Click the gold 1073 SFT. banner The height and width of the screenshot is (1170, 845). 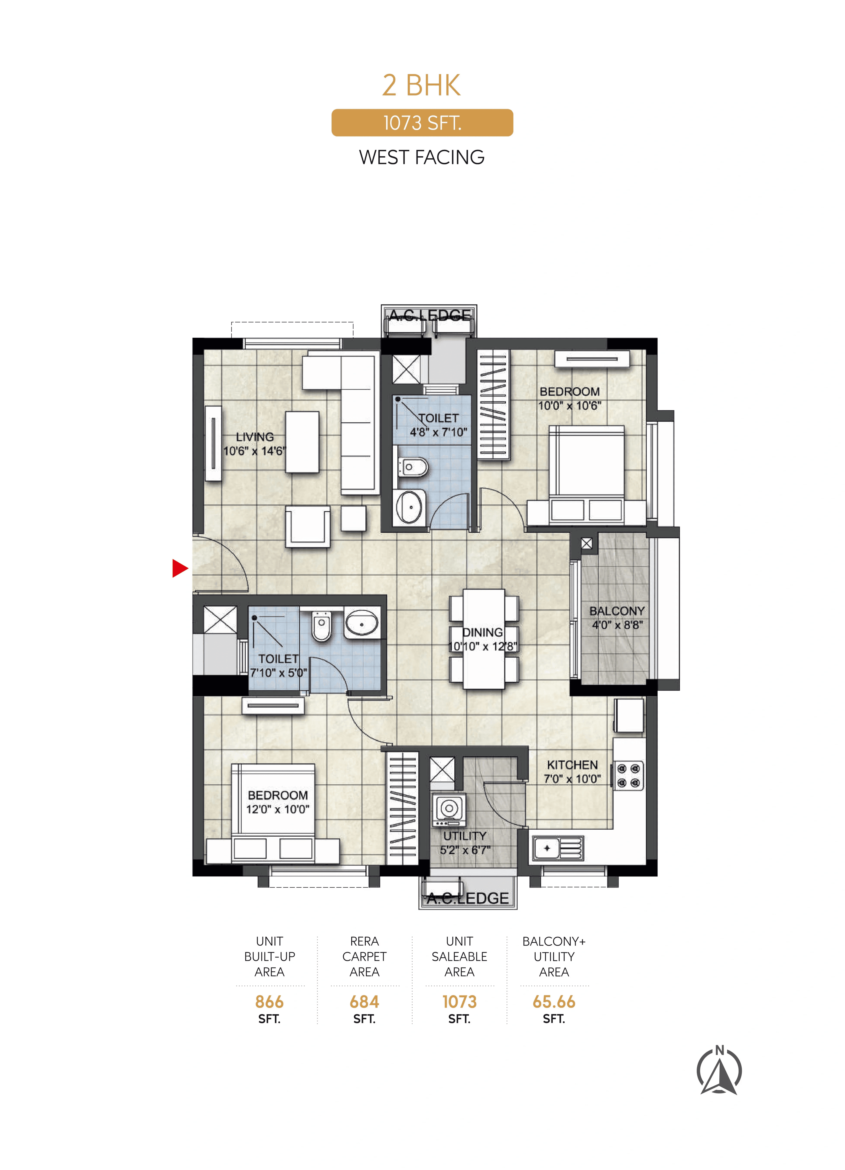click(422, 123)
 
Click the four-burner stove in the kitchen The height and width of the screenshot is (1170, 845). click(628, 775)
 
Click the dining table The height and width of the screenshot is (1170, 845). click(483, 639)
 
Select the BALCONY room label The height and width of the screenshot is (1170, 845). click(617, 611)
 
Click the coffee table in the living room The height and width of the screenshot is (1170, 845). click(302, 442)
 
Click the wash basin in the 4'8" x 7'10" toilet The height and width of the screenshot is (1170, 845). click(410, 507)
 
